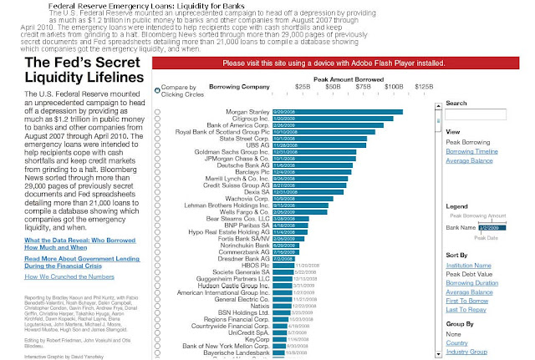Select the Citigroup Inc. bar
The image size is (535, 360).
pyautogui.click(x=343, y=119)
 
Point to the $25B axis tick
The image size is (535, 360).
pyautogui.click(x=302, y=85)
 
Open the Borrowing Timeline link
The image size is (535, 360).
pyautogui.click(x=472, y=152)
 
